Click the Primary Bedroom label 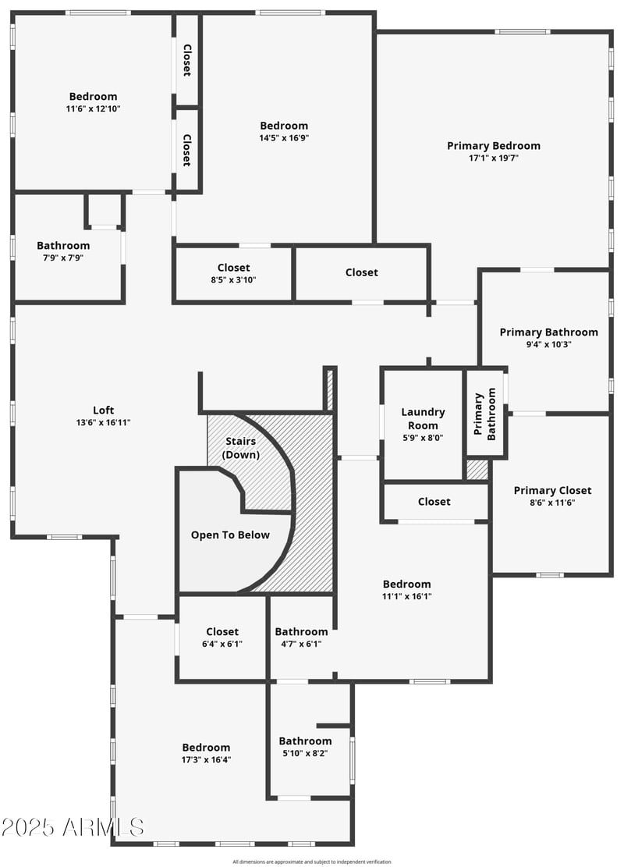tap(493, 145)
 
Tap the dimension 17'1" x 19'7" tap(493, 158)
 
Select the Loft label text tap(104, 410)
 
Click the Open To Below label tap(230, 535)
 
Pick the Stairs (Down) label tap(241, 448)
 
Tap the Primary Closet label tap(552, 490)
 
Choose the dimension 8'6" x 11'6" tap(552, 503)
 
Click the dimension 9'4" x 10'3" tap(548, 344)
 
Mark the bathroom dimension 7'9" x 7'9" tap(63, 258)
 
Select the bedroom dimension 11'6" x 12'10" tap(93, 109)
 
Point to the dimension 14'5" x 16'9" tap(284, 138)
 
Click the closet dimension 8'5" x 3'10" tap(233, 280)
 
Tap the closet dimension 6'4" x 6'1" tap(222, 644)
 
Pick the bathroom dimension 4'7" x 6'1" tap(301, 644)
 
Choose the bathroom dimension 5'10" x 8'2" tap(305, 753)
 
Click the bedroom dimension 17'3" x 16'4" tap(206, 759)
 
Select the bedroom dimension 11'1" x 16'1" tap(406, 596)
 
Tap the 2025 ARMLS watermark tap(73, 826)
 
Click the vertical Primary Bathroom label tap(485, 414)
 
